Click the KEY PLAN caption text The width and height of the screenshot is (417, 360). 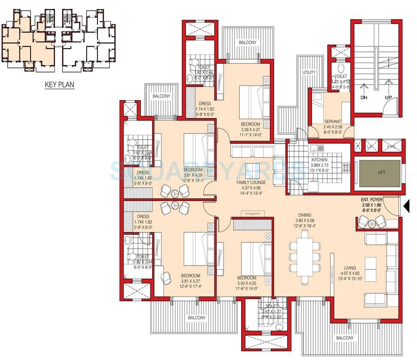tap(60, 84)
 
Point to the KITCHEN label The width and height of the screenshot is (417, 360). tap(319, 160)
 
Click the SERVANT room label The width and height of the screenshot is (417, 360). tap(332, 121)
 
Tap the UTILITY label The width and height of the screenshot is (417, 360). tap(308, 72)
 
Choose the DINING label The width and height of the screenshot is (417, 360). tap(305, 215)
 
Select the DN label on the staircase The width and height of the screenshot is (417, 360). tap(364, 98)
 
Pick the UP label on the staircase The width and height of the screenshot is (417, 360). tap(389, 98)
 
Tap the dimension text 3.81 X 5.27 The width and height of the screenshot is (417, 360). tap(190, 282)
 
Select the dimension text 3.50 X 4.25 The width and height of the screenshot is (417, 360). tap(247, 283)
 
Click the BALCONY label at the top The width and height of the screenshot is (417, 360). tap(248, 42)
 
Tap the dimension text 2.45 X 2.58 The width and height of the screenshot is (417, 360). tap(332, 127)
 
